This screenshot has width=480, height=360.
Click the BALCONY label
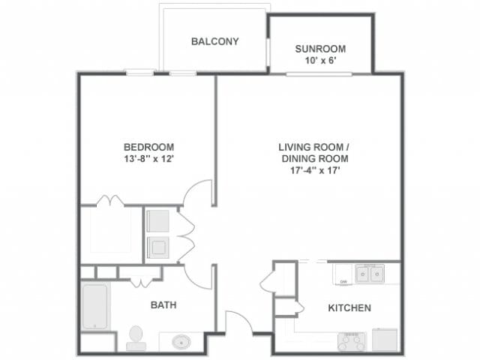(214, 41)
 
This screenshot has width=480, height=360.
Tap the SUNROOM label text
(320, 49)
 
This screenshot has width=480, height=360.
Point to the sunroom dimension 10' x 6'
(320, 61)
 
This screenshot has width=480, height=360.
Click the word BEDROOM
(148, 146)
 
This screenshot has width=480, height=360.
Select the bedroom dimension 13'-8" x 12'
(148, 159)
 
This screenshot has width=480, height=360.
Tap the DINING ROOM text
(315, 159)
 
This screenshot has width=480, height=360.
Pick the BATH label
(163, 305)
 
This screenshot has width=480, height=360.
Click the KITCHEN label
(349, 308)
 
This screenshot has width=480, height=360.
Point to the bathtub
(95, 306)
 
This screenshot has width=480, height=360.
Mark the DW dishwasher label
(343, 281)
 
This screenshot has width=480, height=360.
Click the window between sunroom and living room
(320, 73)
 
